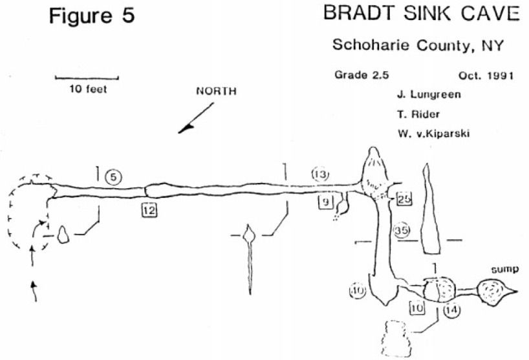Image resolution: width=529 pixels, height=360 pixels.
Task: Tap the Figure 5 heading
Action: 92,16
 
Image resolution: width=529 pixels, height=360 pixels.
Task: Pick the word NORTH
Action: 216,91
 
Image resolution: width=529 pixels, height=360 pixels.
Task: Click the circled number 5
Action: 113,176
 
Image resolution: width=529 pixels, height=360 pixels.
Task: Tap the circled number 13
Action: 320,174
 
